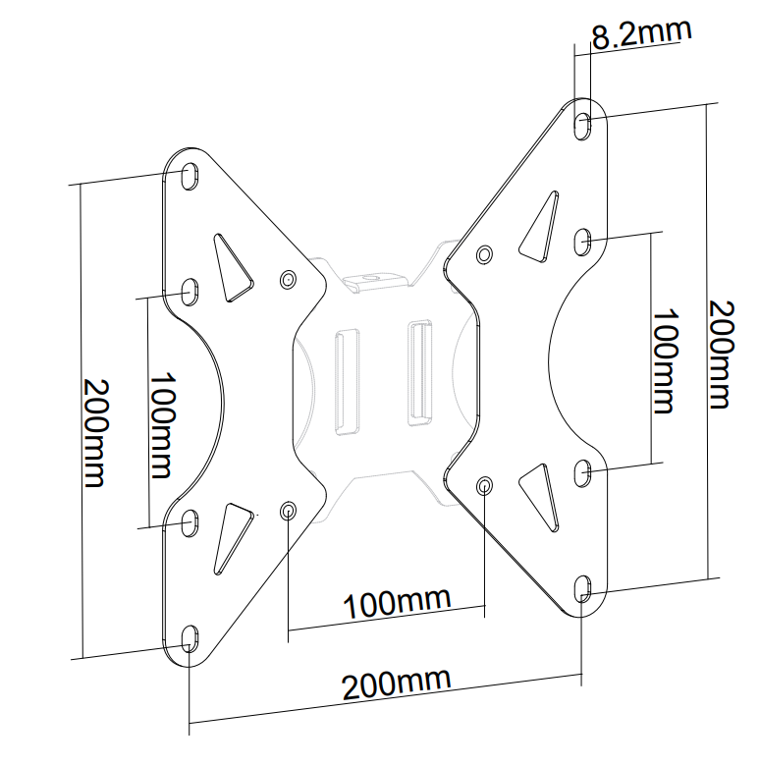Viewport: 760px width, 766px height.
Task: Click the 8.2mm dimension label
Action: point(641,33)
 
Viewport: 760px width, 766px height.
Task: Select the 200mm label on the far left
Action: point(95,432)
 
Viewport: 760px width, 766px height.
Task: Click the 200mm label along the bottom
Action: point(396,684)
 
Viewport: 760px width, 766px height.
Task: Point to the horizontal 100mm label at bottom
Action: point(397,603)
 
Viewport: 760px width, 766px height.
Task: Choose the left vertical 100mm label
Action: point(162,425)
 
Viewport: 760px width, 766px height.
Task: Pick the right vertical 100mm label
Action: point(666,361)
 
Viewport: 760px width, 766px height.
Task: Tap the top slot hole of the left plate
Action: point(190,176)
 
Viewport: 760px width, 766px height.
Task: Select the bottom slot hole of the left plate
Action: point(190,639)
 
